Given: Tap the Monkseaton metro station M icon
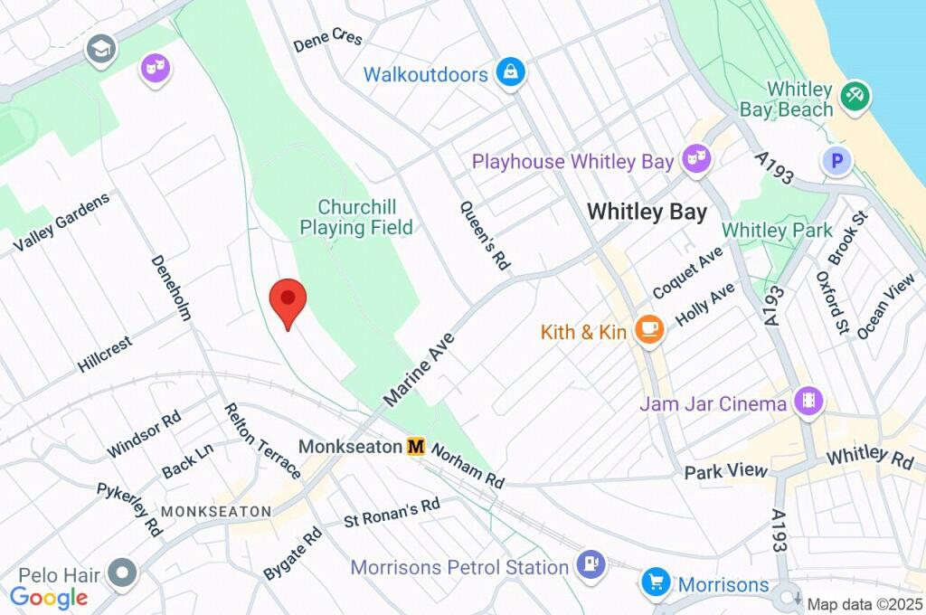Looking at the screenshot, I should pos(416,447).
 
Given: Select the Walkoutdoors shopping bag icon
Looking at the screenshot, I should pos(511,74).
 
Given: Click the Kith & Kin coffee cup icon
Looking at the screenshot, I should pos(648,329).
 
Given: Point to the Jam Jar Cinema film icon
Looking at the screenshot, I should pos(808,402).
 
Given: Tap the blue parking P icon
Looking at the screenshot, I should pos(837,162).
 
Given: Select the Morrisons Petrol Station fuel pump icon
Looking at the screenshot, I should pos(591,565).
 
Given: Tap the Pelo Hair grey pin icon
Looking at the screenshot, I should pos(121,572).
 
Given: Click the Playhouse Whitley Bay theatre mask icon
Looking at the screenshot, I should pos(696,160).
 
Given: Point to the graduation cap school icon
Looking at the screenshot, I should pos(101,49).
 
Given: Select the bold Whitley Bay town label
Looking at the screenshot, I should pos(647,212).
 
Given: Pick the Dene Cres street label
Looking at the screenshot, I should pos(328,41).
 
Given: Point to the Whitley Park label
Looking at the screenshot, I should pos(777,231).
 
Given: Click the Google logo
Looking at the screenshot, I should pos(49,597).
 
